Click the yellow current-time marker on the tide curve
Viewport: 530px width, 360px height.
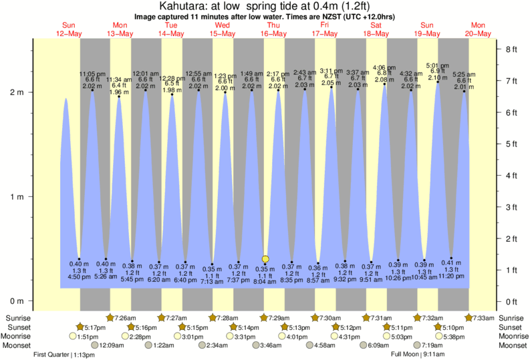(265, 258)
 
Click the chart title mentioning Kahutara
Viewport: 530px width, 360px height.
(265, 6)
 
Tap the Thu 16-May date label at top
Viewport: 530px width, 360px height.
(273, 30)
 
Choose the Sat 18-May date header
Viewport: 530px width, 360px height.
(376, 30)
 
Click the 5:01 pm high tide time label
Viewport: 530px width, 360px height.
(438, 65)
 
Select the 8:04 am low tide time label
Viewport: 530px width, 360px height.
(265, 282)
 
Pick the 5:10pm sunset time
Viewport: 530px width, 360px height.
(452, 327)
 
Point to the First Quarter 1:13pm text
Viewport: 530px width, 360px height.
(63, 355)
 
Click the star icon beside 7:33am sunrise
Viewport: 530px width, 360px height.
(469, 317)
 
